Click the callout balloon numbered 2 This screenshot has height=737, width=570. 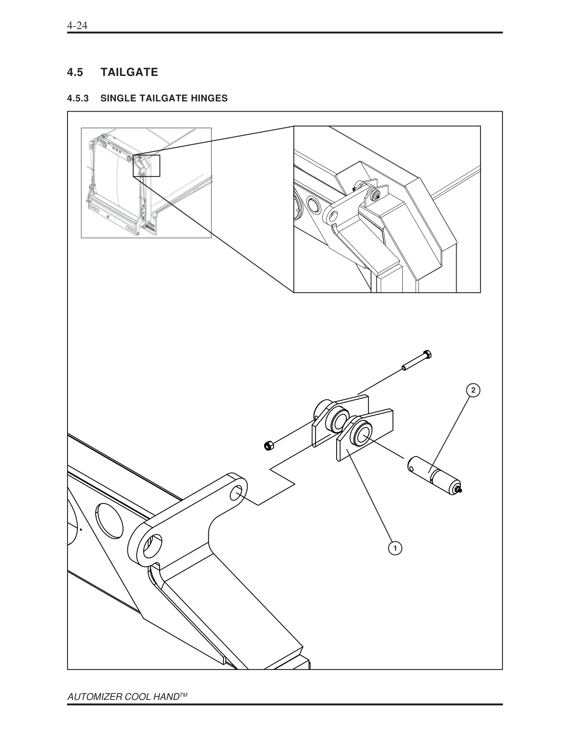tap(473, 390)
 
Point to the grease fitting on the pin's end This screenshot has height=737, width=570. tap(460, 490)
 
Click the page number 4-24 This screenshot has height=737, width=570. tap(76, 26)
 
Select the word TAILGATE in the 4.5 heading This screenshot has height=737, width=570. tap(129, 72)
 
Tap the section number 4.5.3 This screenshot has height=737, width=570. tap(78, 98)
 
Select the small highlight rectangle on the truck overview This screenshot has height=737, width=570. tap(146, 166)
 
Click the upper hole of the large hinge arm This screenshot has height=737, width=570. tap(237, 493)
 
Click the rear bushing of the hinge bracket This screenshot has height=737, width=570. tap(338, 420)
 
